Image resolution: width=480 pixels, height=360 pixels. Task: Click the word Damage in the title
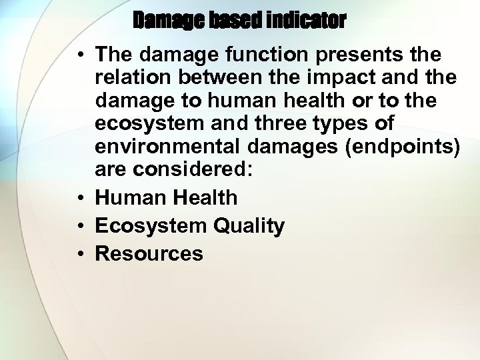170,21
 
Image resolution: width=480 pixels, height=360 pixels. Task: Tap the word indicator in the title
306,21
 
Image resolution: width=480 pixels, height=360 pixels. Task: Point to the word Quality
249,227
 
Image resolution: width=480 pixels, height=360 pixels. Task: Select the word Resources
149,253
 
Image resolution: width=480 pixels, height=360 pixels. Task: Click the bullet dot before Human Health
79,198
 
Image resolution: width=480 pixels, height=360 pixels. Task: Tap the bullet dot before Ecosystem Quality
79,226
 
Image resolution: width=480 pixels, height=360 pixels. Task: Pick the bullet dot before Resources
79,254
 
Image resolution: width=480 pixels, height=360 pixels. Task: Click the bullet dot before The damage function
79,53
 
